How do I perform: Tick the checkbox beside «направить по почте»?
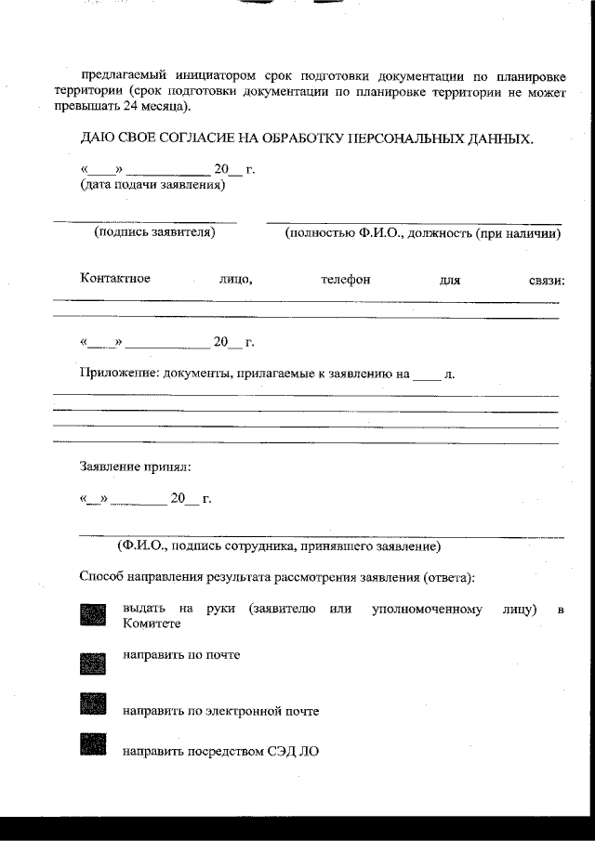pos(93,662)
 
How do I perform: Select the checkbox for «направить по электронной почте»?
pos(93,703)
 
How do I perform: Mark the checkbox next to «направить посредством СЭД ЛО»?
pos(93,745)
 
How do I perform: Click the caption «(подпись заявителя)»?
pos(154,232)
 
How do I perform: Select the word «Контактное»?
pos(115,279)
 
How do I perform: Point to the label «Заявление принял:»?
pos(136,466)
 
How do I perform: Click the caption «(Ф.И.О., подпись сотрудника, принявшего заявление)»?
pos(279,545)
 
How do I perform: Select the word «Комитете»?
pos(152,625)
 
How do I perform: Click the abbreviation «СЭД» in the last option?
pos(284,750)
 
